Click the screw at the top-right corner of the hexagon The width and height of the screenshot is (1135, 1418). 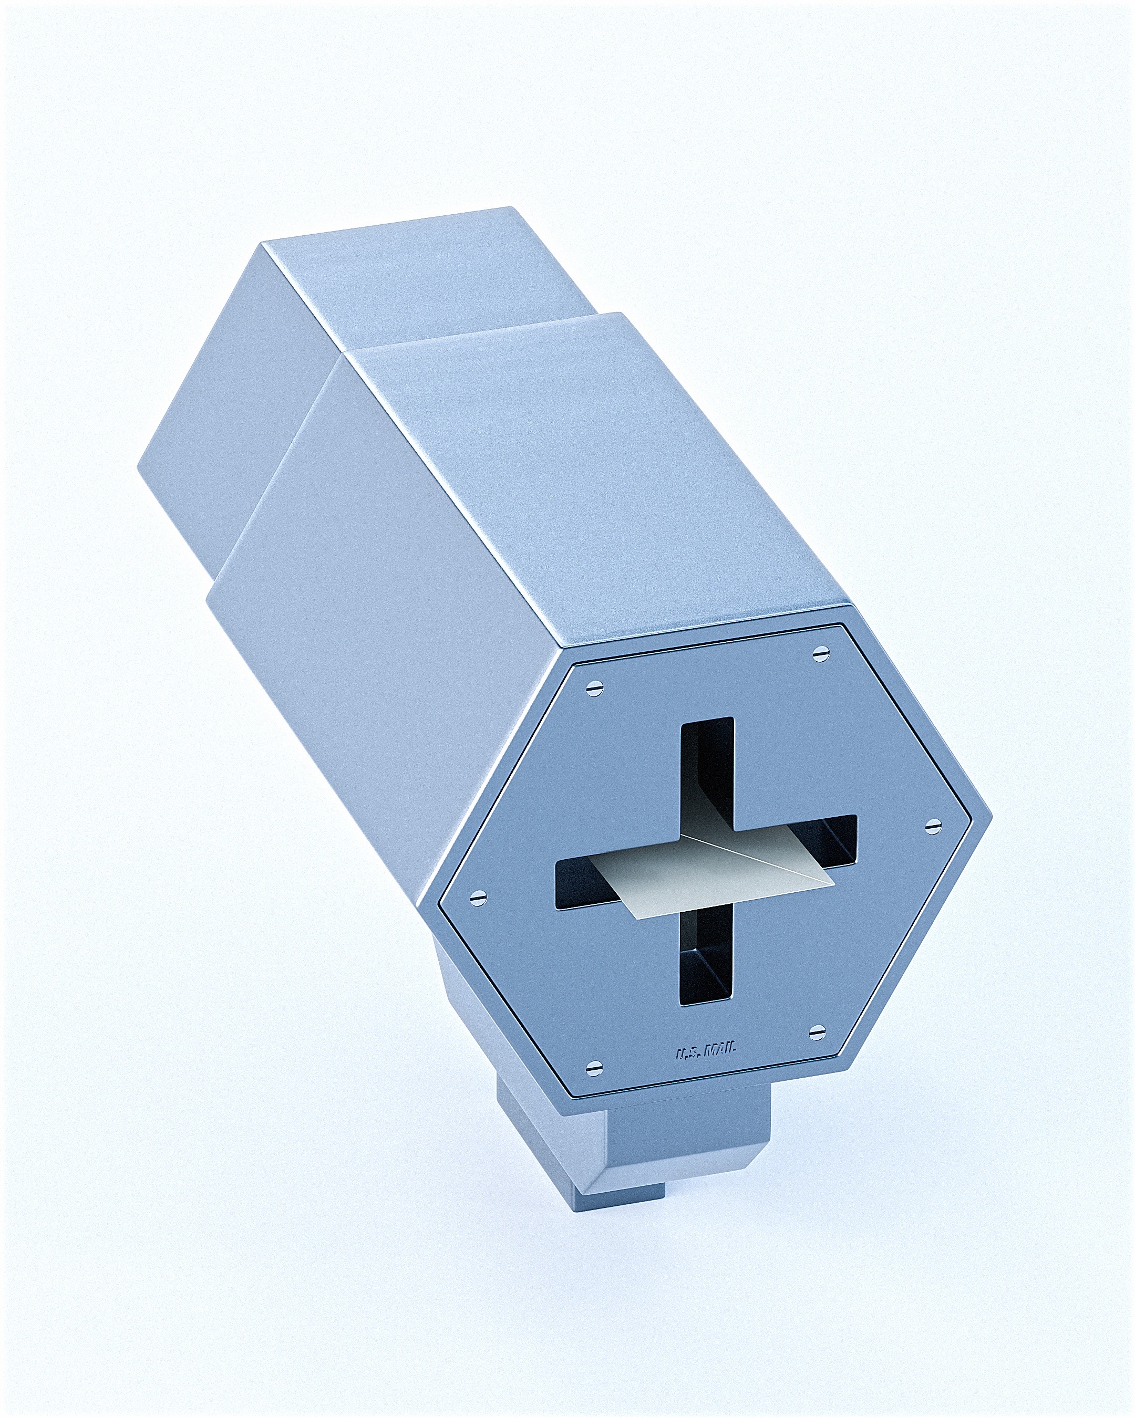tap(820, 652)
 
